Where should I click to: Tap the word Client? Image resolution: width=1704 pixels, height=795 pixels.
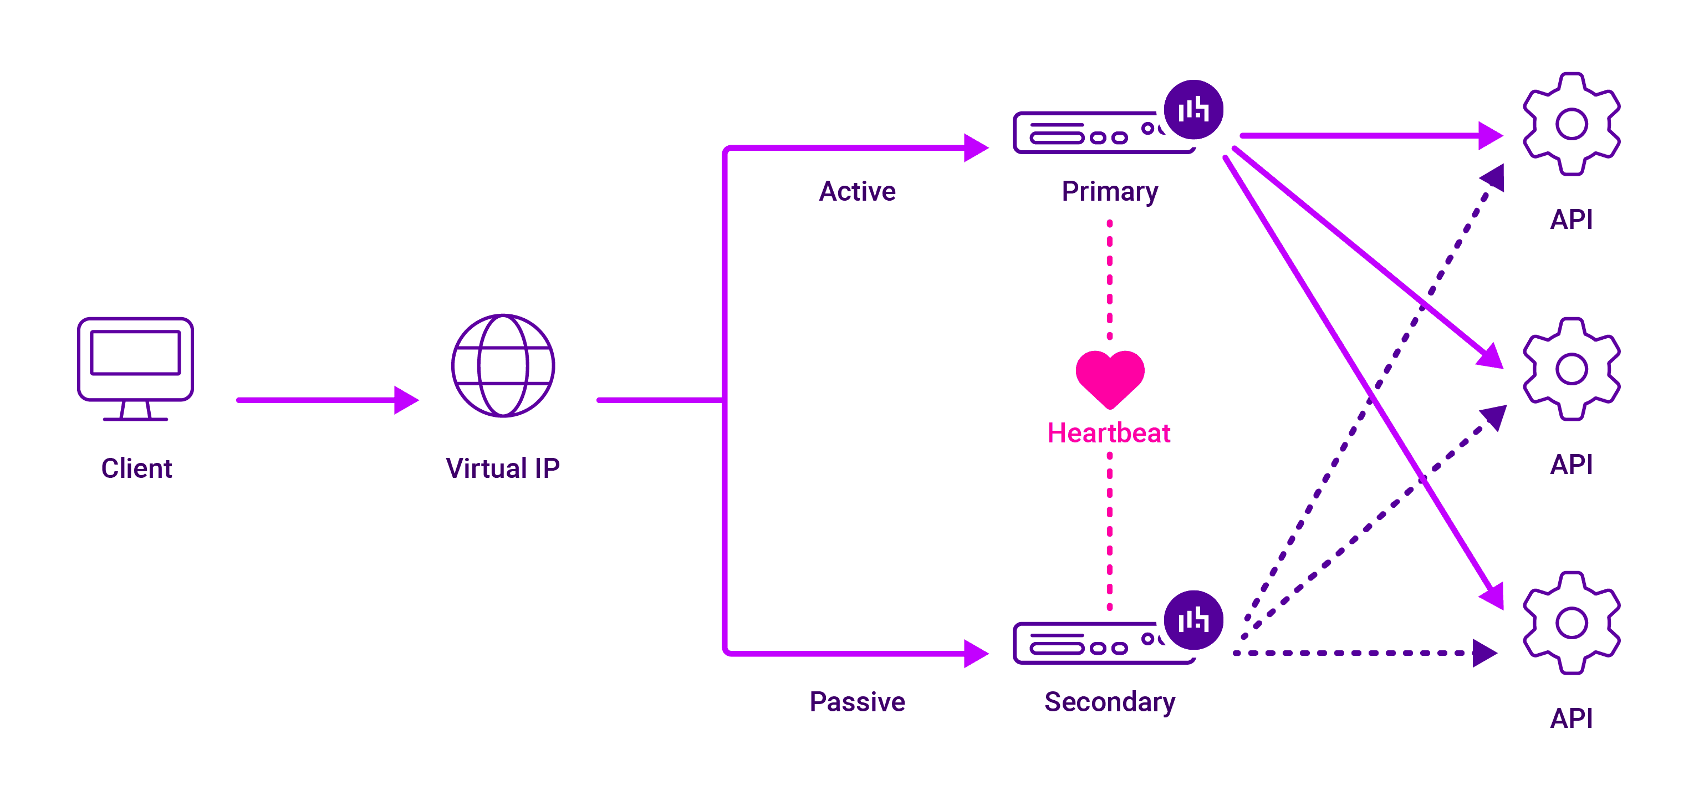click(136, 468)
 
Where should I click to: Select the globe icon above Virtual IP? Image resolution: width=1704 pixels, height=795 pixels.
click(503, 365)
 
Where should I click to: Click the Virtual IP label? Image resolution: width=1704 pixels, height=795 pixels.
click(503, 468)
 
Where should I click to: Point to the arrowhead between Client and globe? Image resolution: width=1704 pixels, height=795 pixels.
click(405, 400)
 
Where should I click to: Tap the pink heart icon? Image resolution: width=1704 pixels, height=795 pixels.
click(1109, 377)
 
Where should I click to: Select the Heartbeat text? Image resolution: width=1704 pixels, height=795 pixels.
click(1109, 433)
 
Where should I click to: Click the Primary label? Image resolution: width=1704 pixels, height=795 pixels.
click(1109, 191)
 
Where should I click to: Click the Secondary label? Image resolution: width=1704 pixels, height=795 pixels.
click(1109, 702)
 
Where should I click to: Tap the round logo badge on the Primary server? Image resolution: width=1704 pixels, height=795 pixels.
click(1193, 110)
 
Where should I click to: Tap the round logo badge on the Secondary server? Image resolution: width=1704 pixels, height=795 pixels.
click(1193, 620)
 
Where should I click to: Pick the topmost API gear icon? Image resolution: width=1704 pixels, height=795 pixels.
click(1571, 124)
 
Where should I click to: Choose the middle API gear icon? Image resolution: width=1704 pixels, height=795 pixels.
click(1571, 369)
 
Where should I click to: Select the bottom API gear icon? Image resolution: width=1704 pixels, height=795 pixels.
click(1571, 623)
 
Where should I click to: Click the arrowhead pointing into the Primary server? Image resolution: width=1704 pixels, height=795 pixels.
click(975, 148)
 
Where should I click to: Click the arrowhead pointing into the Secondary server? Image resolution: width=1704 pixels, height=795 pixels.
click(975, 654)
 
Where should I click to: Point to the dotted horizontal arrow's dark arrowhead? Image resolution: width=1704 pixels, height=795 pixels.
click(1484, 654)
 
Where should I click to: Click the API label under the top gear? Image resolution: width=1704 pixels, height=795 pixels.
click(1571, 220)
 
